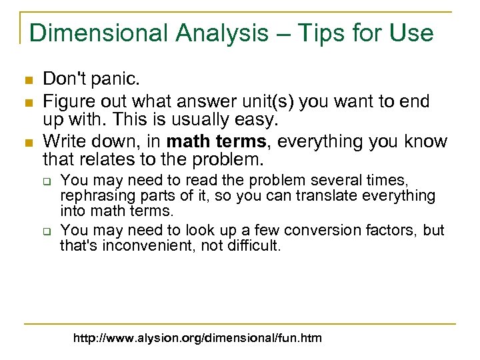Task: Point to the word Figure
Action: click(63, 101)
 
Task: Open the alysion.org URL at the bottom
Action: click(198, 338)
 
